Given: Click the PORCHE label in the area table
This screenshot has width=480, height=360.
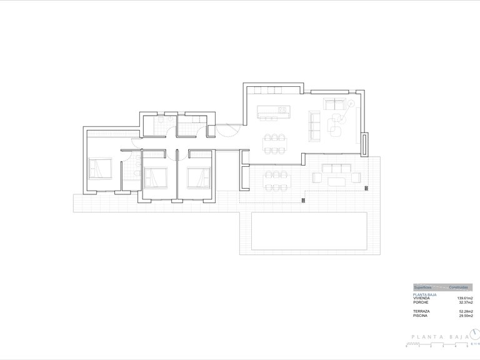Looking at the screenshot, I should click(421, 303).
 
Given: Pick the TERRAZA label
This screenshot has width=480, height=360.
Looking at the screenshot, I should click(421, 311).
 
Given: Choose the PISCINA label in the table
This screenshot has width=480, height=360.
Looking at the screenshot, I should click(421, 316).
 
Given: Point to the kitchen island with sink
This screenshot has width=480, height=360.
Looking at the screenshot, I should click(272, 112).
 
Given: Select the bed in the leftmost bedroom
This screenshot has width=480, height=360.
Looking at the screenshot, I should click(100, 168).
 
